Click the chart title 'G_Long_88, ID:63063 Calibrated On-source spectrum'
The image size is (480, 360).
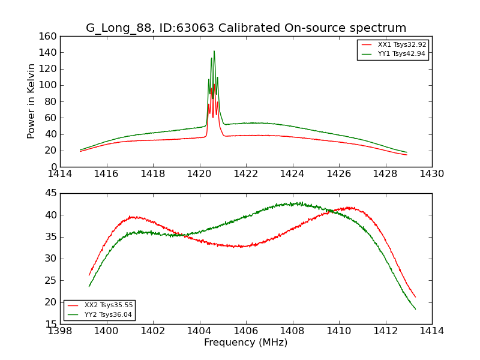point(245,28)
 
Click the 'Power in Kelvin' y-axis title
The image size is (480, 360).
point(31,101)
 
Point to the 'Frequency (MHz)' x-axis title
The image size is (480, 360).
point(245,343)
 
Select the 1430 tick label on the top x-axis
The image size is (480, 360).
point(431,174)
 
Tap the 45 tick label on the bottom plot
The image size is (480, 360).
point(50,193)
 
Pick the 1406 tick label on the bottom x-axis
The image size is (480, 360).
point(245,331)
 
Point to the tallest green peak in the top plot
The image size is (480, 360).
point(214,51)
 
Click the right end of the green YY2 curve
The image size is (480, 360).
point(415,309)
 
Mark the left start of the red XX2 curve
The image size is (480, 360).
point(89,275)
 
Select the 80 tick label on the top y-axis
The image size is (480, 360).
point(50,101)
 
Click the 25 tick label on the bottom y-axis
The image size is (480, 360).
point(50,280)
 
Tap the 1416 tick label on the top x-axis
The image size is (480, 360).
point(107,174)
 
